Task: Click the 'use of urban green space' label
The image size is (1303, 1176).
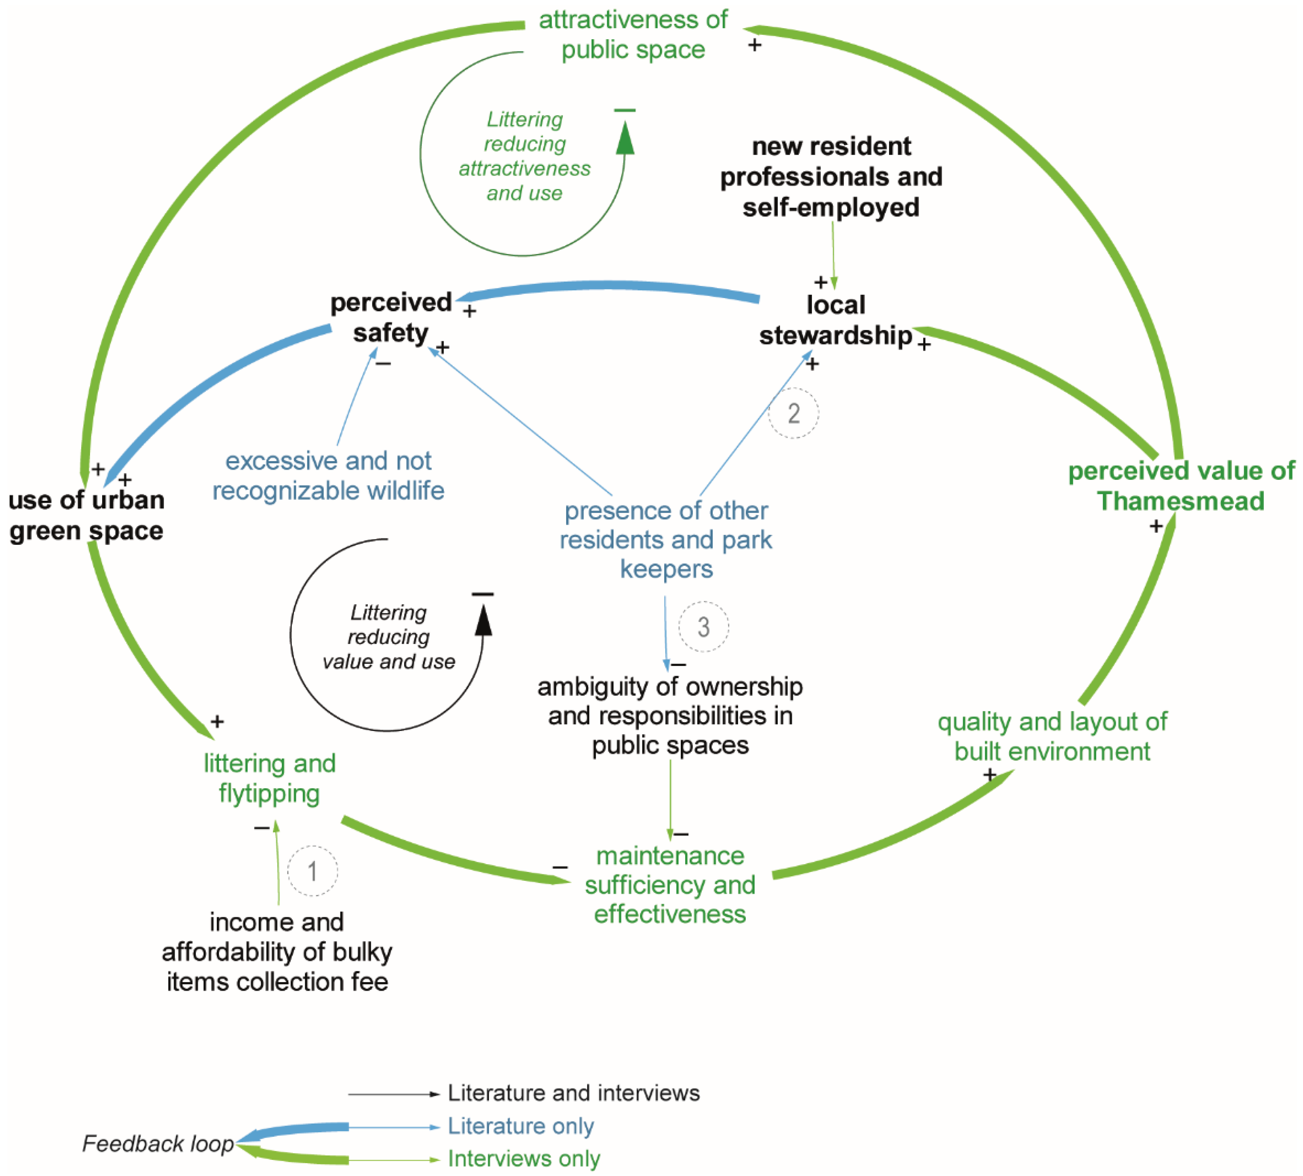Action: tap(86, 515)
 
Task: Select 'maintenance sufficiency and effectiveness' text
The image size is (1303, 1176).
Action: tap(670, 884)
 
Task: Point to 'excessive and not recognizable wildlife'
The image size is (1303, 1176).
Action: tap(328, 476)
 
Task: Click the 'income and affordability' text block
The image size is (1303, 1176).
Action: tap(277, 952)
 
